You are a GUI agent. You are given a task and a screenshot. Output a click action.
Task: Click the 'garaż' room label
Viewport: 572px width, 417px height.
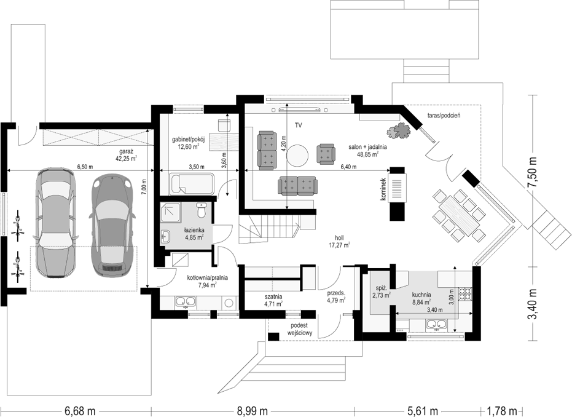[126, 151]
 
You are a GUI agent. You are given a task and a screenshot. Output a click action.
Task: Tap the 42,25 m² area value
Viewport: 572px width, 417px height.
[126, 159]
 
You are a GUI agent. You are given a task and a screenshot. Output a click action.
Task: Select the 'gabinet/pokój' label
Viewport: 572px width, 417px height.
[188, 140]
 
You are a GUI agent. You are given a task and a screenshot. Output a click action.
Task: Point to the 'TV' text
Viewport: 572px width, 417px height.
[299, 125]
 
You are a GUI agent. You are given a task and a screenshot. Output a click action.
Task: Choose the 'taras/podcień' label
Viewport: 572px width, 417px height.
[444, 116]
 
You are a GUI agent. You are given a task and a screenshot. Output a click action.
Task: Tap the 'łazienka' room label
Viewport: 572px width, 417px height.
[194, 230]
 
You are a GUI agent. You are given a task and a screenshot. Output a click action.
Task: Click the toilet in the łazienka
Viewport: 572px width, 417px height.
[201, 210]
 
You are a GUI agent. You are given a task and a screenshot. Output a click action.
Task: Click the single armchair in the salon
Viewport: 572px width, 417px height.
[326, 153]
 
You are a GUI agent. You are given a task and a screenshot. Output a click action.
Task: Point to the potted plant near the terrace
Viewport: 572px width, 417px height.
[399, 130]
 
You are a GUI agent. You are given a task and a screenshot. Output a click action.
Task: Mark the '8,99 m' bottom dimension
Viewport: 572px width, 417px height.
[252, 411]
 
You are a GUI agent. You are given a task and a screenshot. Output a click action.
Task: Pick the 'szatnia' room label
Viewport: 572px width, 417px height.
[273, 296]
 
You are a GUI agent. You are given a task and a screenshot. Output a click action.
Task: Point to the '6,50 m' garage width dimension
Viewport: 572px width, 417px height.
[85, 167]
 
